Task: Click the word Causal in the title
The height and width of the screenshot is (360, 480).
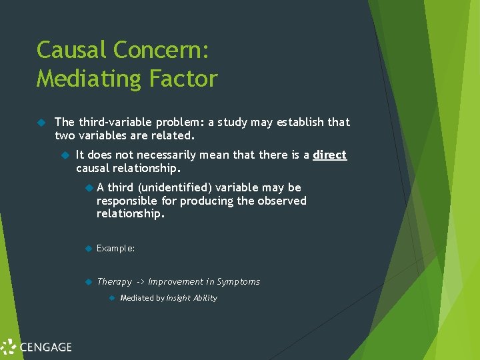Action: (x=72, y=50)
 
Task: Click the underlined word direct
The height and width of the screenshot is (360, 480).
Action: (x=330, y=155)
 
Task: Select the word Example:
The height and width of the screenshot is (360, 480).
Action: (x=115, y=248)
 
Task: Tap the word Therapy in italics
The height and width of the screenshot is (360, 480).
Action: (x=114, y=282)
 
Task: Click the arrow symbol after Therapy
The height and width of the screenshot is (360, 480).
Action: (x=140, y=282)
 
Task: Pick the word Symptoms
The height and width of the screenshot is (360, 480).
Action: (x=239, y=282)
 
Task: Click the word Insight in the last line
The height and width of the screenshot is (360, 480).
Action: (x=178, y=298)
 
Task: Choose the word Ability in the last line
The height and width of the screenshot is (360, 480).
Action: (x=205, y=298)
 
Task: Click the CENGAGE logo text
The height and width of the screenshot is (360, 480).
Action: (x=45, y=347)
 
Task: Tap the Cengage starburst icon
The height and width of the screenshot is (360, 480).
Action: (x=9, y=347)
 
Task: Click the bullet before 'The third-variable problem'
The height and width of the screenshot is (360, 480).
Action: (x=41, y=122)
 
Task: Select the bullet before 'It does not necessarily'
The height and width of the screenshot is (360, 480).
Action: (x=65, y=155)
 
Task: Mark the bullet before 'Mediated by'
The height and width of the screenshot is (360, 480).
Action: (x=112, y=298)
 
